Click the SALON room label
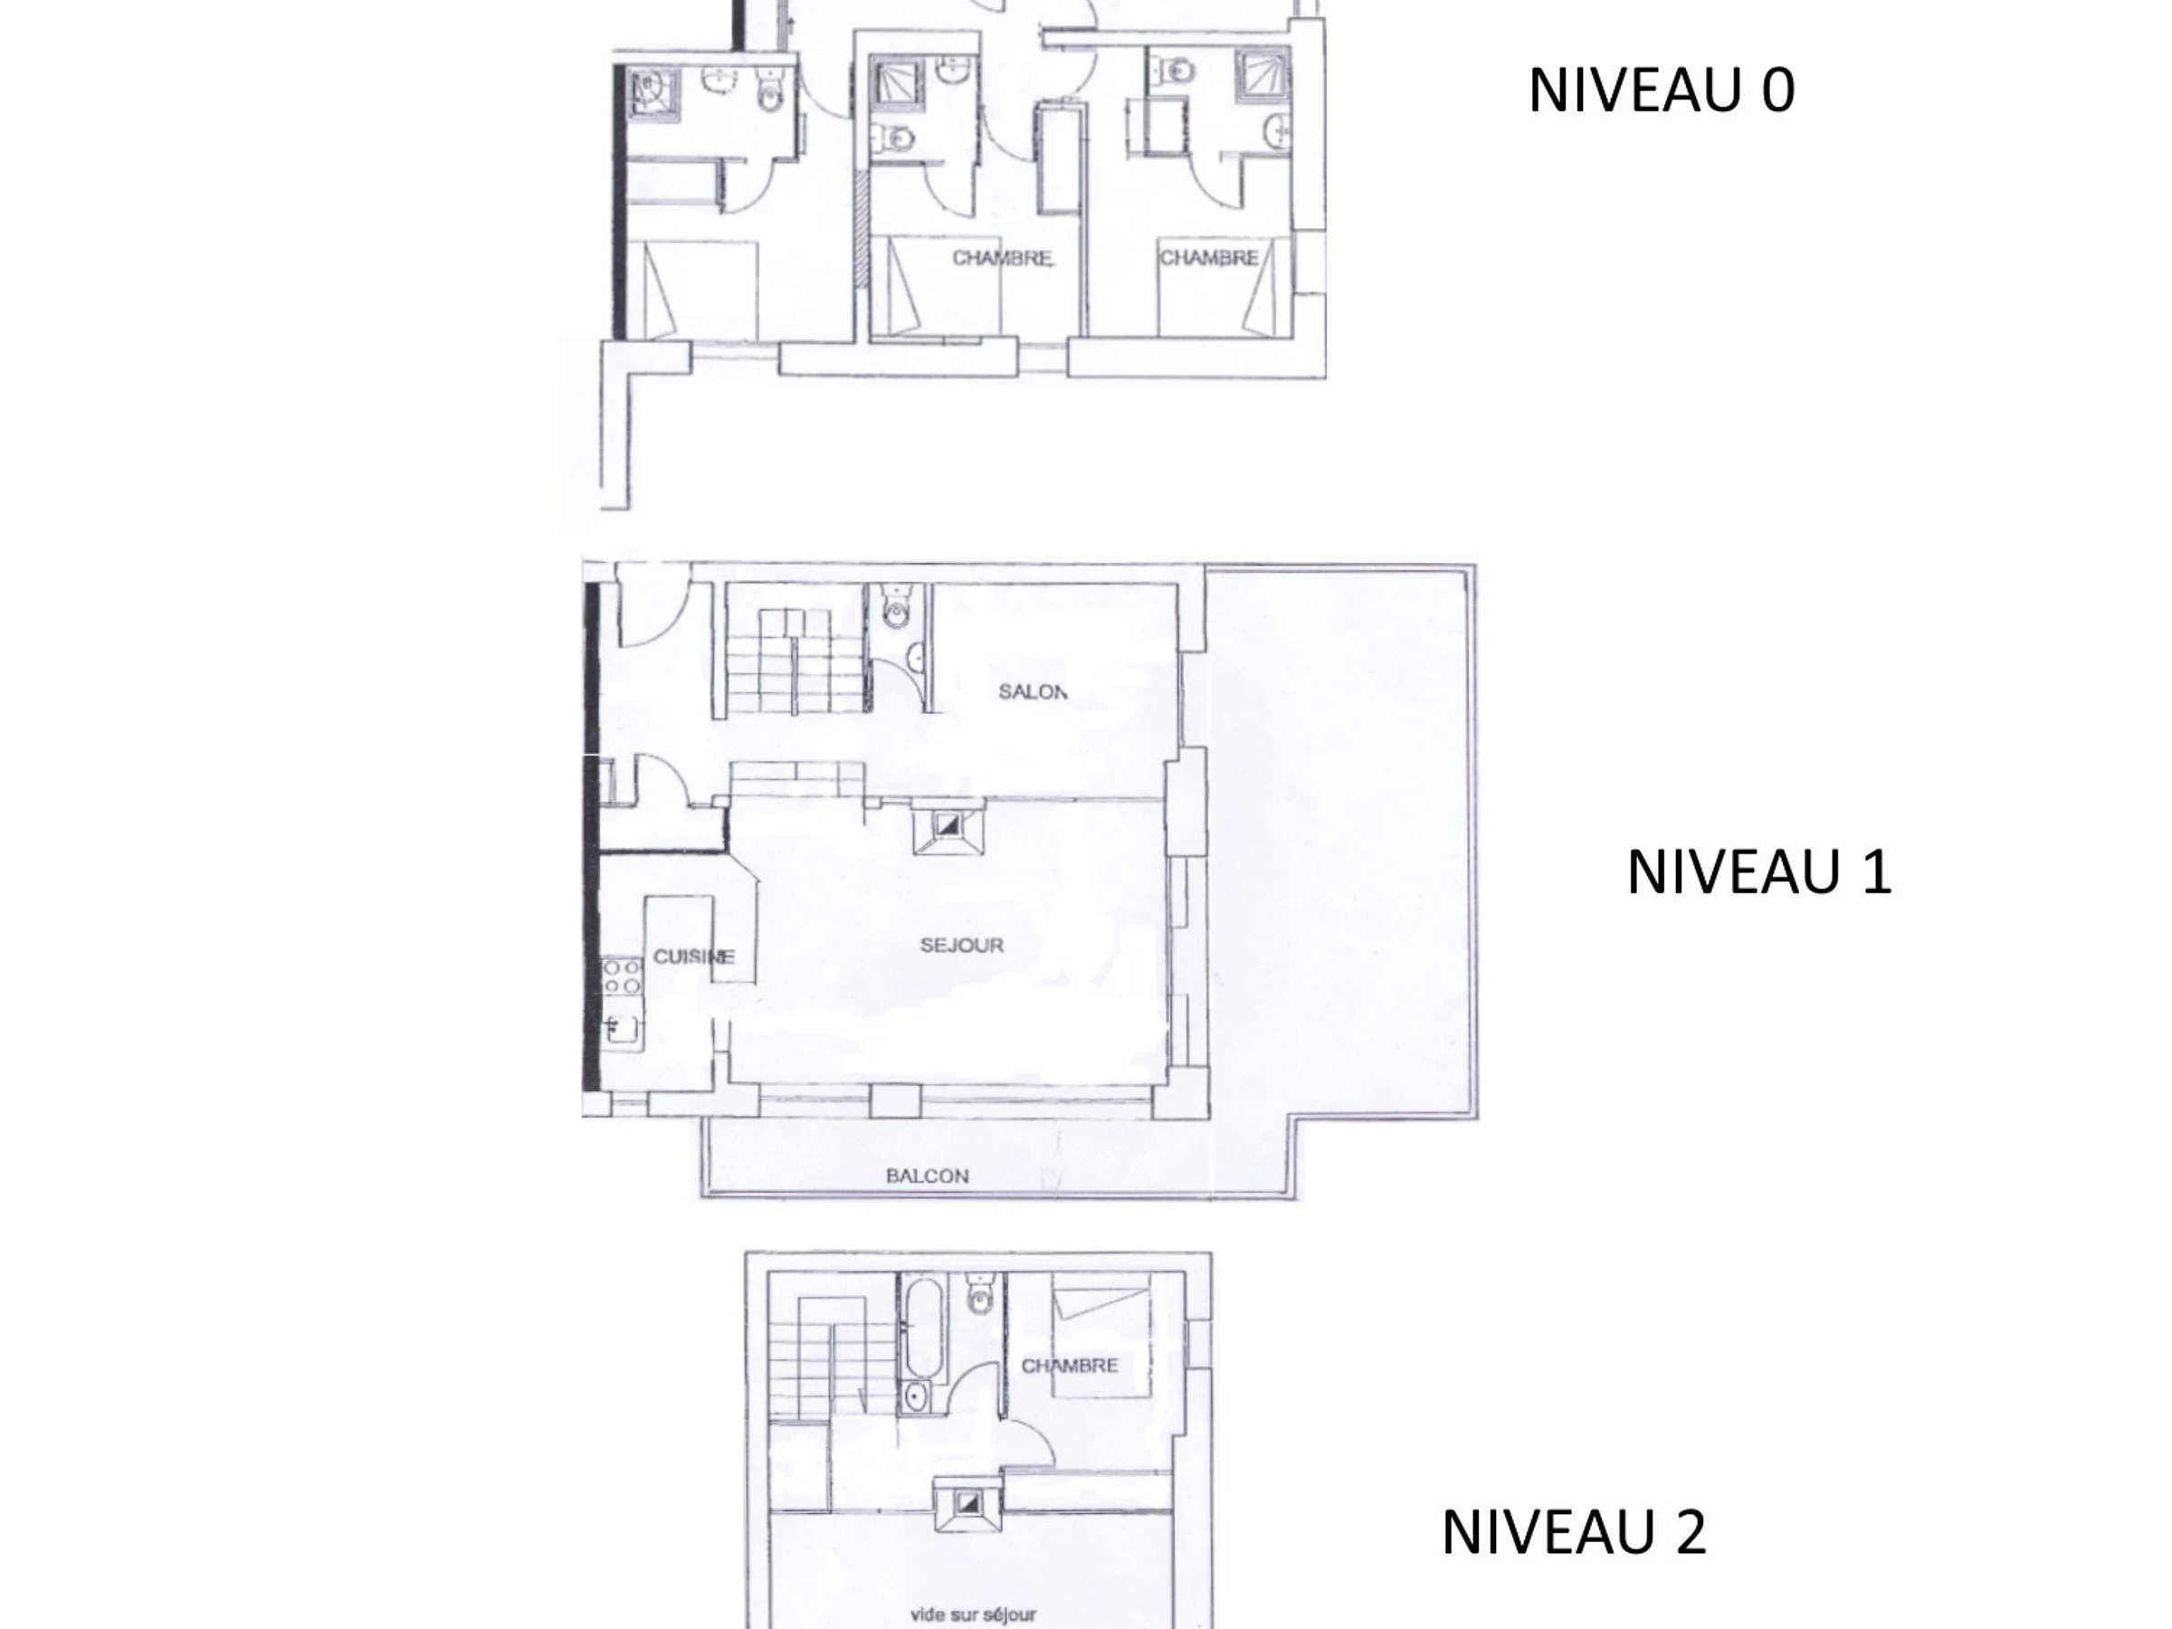1032,691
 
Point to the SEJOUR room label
961,945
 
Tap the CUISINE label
693,957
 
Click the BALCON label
927,1176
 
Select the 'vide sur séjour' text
973,1615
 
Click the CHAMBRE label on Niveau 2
1070,1366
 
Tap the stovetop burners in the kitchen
622,977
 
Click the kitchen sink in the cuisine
622,1028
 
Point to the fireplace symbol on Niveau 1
948,827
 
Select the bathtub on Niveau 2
922,1325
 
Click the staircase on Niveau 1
794,662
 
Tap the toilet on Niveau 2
981,1293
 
